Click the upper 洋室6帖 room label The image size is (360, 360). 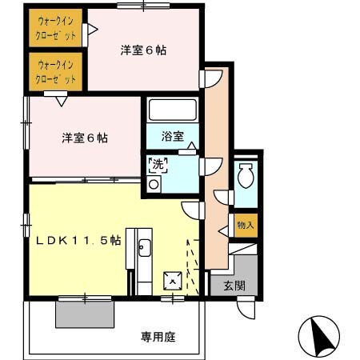click(143, 50)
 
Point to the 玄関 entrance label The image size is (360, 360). click(234, 286)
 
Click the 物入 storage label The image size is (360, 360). click(246, 225)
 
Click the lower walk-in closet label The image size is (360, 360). click(56, 73)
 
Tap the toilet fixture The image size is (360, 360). click(246, 175)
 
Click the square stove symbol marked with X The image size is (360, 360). click(171, 281)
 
